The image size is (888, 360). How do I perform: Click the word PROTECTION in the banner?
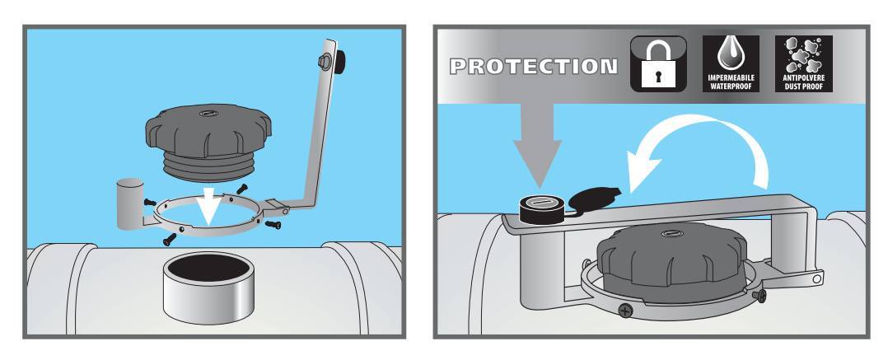(x=533, y=67)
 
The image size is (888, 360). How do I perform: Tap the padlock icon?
(x=658, y=64)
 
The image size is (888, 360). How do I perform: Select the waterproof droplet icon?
(x=731, y=64)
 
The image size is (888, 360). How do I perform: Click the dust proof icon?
(x=804, y=64)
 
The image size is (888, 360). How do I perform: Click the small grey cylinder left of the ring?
(x=129, y=203)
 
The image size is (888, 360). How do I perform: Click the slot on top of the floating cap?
(x=206, y=113)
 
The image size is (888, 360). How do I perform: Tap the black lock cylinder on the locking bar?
(x=540, y=207)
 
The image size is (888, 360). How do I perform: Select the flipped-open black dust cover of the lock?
(x=592, y=198)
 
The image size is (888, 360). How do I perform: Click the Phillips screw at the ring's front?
(x=625, y=311)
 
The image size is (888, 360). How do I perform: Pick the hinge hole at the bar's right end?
(x=816, y=279)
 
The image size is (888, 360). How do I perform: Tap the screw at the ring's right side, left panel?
(x=273, y=225)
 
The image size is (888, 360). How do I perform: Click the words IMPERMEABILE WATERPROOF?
(x=731, y=82)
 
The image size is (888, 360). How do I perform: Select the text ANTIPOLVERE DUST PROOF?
(x=804, y=82)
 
